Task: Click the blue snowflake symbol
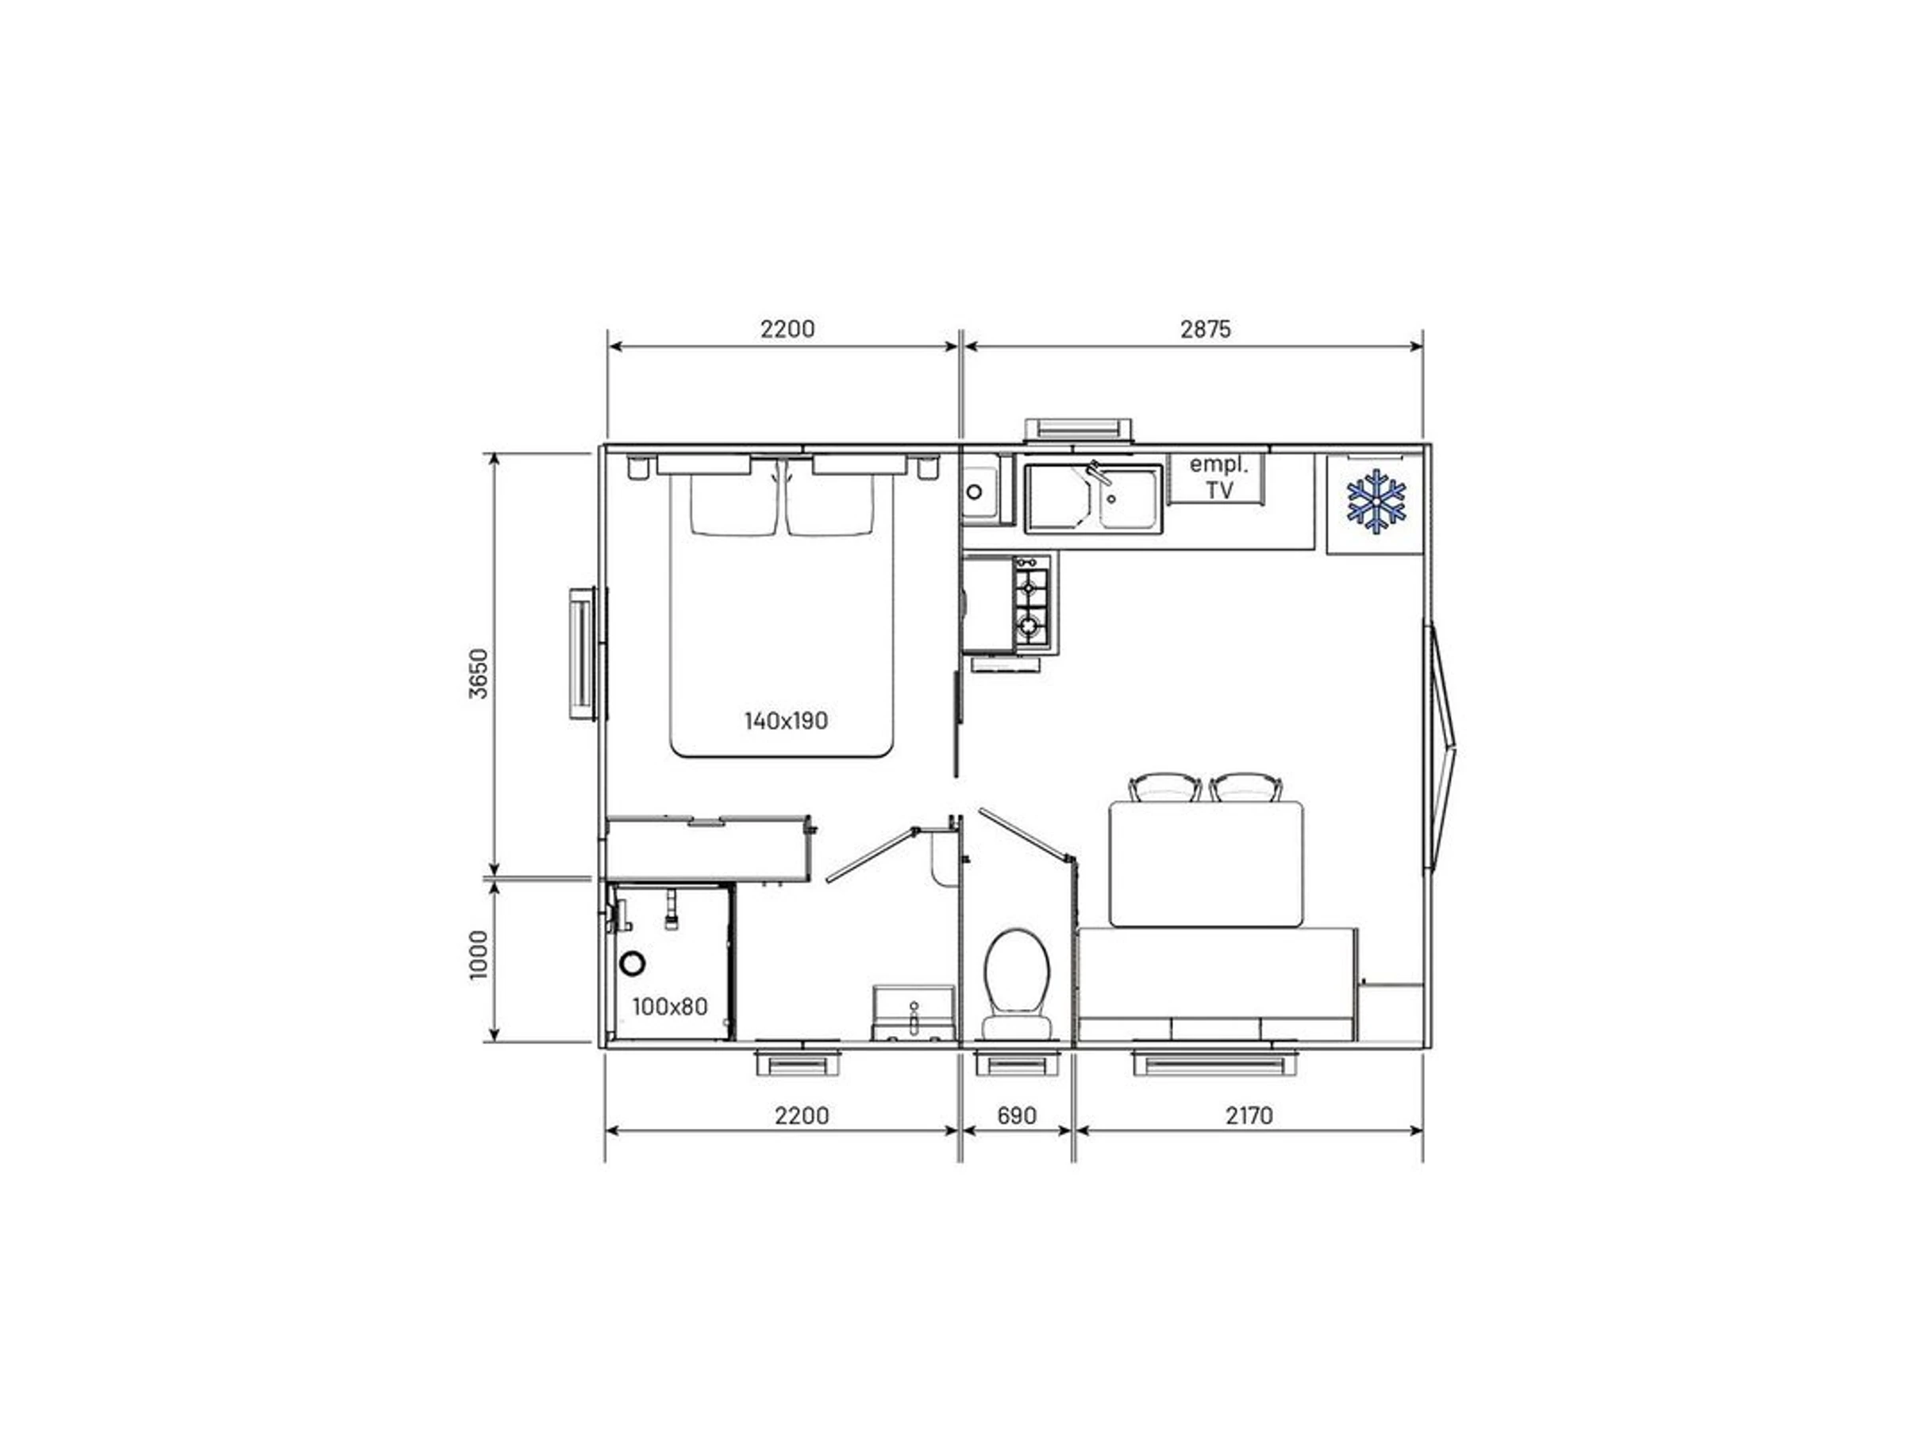[1376, 499]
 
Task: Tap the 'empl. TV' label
[1218, 477]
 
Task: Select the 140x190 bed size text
[786, 720]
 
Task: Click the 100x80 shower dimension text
[670, 1006]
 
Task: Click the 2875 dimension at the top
[1206, 329]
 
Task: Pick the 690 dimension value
[1016, 1115]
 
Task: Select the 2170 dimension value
[1249, 1115]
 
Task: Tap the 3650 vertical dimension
[479, 673]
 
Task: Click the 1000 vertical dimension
[479, 954]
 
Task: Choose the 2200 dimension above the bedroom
[787, 329]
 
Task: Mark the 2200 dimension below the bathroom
[802, 1115]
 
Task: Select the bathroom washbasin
[913, 1013]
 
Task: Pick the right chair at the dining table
[1246, 788]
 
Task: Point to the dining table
[1206, 864]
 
